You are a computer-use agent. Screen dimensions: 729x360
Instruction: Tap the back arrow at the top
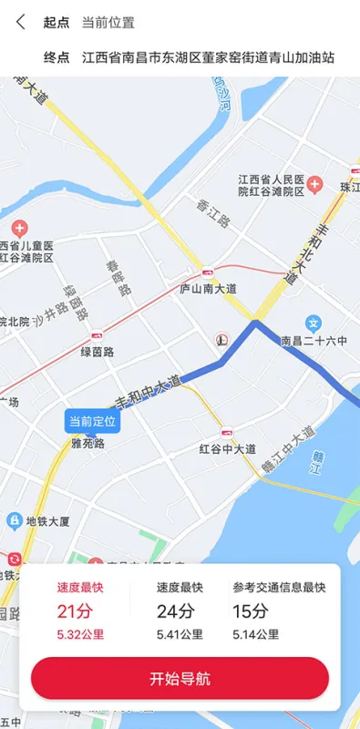[x=21, y=23]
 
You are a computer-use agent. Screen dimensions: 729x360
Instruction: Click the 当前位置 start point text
[x=108, y=23]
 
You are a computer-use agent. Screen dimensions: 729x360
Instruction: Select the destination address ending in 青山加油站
[x=208, y=57]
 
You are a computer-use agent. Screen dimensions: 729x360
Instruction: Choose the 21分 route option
[x=79, y=611]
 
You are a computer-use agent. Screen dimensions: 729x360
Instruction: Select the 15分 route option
[x=276, y=611]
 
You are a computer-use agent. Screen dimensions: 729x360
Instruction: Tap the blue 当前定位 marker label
[x=91, y=421]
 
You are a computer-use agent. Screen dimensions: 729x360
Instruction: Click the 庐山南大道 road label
[x=209, y=289]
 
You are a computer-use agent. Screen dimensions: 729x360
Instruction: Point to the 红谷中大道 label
[x=227, y=448]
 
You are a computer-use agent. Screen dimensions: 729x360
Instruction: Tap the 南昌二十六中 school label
[x=314, y=341]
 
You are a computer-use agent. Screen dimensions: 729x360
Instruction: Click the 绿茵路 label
[x=97, y=352]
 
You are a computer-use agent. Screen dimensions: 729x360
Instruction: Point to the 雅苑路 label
[x=87, y=444]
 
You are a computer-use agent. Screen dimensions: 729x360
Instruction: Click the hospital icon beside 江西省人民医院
[x=315, y=185]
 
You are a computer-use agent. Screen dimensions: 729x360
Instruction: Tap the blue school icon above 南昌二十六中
[x=314, y=323]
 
